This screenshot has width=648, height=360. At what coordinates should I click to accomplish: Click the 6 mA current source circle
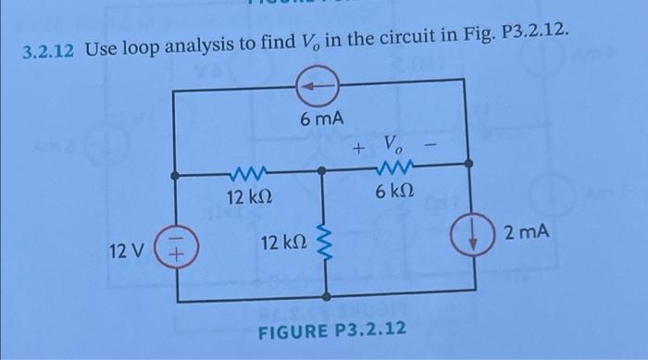pos(318,86)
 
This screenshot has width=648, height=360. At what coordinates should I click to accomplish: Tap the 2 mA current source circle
pos(473,233)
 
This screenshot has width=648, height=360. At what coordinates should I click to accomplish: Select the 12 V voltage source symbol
pos(177,247)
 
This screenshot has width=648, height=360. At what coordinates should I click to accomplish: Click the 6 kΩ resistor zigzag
pos(394,168)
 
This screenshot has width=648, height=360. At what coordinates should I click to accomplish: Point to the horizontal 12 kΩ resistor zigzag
pos(247,174)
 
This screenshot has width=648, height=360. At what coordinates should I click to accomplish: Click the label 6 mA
pos(322,119)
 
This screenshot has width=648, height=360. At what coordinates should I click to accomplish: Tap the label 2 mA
pos(527,232)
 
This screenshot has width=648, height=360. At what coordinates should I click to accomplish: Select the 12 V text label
pos(127,251)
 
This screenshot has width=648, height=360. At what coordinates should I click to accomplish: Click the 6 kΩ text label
pos(394,191)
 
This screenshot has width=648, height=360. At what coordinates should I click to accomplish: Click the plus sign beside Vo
pos(359,147)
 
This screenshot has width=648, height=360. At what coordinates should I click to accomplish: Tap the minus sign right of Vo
pos(430,144)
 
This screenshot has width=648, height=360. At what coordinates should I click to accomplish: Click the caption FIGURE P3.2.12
pos(331,331)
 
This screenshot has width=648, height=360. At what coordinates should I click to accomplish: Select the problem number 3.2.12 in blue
pos(48,51)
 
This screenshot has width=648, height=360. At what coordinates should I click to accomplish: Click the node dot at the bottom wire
pos(326,296)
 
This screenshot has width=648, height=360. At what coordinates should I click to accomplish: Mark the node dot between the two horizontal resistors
pos(321,170)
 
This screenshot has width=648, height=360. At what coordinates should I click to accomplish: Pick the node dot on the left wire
pos(175,176)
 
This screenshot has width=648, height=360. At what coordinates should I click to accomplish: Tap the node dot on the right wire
pos(468,164)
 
